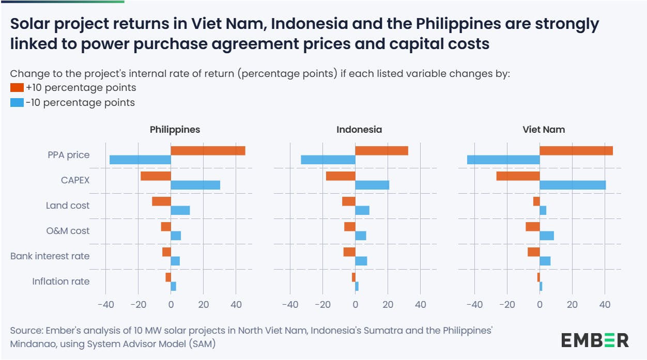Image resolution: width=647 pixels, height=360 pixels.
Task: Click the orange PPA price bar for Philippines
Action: pyautogui.click(x=208, y=151)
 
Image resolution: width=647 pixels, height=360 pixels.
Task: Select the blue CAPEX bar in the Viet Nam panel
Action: pyautogui.click(x=573, y=185)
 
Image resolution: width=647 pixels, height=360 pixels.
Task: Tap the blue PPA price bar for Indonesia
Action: pyautogui.click(x=328, y=160)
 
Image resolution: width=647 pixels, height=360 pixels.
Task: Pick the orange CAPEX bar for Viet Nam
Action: pyautogui.click(x=518, y=176)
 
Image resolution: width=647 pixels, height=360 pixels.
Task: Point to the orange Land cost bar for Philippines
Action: pyautogui.click(x=161, y=201)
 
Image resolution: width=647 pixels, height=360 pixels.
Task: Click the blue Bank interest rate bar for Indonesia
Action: pyautogui.click(x=361, y=261)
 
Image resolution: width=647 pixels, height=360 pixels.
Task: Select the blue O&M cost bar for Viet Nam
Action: pyautogui.click(x=547, y=236)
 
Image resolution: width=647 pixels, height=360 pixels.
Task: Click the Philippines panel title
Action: pyautogui.click(x=175, y=130)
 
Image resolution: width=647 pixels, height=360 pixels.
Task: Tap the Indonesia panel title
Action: pyautogui.click(x=359, y=130)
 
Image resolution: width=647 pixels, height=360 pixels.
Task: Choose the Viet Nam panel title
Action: pyautogui.click(x=544, y=130)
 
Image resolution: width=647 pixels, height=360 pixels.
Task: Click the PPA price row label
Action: pyautogui.click(x=68, y=155)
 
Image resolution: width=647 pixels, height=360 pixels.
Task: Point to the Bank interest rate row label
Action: pyautogui.click(x=50, y=256)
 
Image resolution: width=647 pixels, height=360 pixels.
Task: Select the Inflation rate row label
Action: pyautogui.click(x=60, y=281)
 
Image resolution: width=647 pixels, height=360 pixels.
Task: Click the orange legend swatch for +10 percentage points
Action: pyautogui.click(x=17, y=88)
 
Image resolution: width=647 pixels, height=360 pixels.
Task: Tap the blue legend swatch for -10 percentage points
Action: pyautogui.click(x=17, y=103)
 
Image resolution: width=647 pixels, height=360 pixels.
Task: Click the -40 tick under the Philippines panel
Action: pyautogui.click(x=105, y=305)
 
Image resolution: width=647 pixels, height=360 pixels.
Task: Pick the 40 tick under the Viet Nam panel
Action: pyautogui.click(x=605, y=305)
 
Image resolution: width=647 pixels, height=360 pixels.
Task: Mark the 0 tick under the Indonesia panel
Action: pyautogui.click(x=356, y=305)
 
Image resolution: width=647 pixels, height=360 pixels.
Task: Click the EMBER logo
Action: pyautogui.click(x=595, y=340)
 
